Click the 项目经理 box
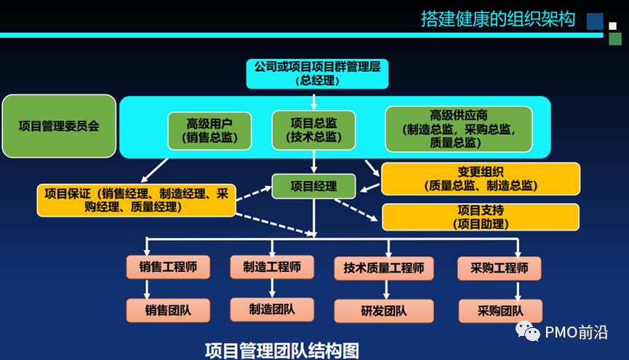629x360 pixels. click(x=314, y=186)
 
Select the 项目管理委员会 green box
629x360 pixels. click(x=59, y=126)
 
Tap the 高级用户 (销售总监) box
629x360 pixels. click(x=209, y=129)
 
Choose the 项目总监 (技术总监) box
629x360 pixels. click(x=313, y=129)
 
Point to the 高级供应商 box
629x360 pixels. click(x=458, y=129)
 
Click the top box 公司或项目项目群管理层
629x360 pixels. click(x=317, y=73)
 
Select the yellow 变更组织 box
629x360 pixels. click(x=481, y=179)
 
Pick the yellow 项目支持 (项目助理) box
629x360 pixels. click(x=481, y=217)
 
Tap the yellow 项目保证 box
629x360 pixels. click(x=136, y=200)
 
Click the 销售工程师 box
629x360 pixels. click(x=167, y=266)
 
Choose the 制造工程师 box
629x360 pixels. click(x=272, y=266)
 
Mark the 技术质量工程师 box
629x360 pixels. click(x=383, y=268)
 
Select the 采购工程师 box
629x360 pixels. click(x=502, y=268)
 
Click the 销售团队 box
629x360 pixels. click(x=167, y=310)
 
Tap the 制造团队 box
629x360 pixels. click(x=272, y=309)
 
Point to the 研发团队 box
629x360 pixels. click(x=383, y=311)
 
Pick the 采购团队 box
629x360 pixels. click(x=501, y=311)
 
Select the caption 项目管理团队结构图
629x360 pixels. click(x=282, y=350)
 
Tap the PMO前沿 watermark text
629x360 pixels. click(x=575, y=332)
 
